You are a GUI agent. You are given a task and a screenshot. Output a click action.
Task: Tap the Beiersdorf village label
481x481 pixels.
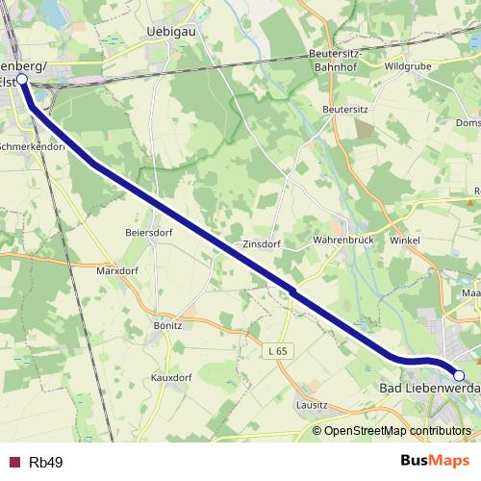click(x=148, y=233)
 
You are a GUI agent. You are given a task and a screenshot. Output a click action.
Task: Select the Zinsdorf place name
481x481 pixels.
click(x=262, y=244)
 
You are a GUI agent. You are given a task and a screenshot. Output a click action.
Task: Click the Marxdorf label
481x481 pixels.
click(x=117, y=271)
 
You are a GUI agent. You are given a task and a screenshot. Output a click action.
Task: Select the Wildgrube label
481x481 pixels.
click(x=409, y=67)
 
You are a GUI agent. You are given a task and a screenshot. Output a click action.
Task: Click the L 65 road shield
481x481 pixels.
click(x=277, y=351)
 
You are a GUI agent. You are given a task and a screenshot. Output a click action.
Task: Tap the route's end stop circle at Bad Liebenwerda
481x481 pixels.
click(x=459, y=375)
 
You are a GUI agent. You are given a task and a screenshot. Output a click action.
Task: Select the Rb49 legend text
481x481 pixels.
click(x=44, y=463)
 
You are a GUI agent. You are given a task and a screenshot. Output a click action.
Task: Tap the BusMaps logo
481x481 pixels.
click(x=428, y=462)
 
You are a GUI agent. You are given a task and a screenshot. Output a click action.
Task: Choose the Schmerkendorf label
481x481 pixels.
click(x=33, y=147)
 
